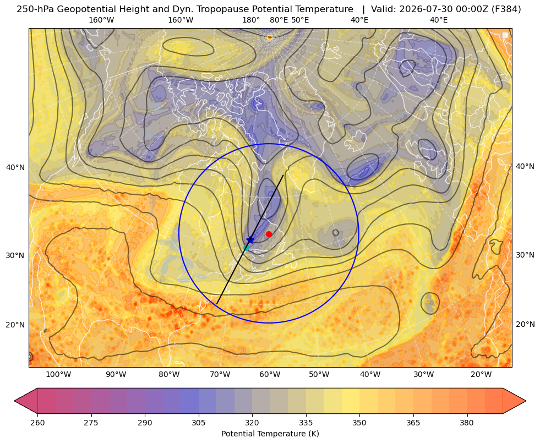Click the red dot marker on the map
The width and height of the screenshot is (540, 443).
[269, 234]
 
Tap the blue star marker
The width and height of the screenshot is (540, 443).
[250, 240]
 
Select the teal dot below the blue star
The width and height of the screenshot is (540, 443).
[246, 248]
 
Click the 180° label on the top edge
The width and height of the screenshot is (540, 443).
[251, 20]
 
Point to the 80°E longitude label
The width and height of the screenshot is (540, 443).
[279, 20]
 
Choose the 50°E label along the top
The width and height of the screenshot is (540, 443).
[300, 20]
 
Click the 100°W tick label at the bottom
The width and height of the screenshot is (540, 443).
[58, 375]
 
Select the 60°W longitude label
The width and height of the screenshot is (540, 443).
[270, 375]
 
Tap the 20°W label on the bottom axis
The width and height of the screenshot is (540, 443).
[481, 375]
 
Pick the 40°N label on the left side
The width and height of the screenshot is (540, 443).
[15, 168]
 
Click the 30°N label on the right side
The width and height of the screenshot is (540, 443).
[525, 255]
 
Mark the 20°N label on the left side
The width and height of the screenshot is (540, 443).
[15, 325]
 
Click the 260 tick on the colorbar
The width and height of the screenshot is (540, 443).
[37, 423]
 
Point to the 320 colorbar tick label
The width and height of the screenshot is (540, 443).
[252, 423]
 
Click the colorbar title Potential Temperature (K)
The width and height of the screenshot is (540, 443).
[270, 434]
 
